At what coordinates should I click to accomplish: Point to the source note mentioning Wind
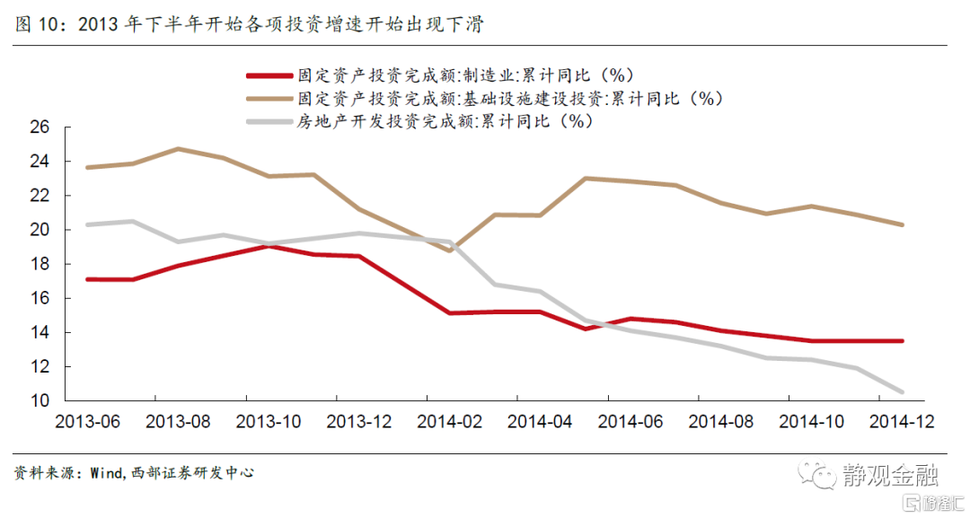click(134, 471)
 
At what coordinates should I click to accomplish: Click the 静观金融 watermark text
click(885, 473)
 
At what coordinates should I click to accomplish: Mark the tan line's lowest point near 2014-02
click(449, 250)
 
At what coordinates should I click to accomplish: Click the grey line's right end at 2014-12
click(901, 392)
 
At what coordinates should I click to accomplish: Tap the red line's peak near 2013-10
click(269, 245)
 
